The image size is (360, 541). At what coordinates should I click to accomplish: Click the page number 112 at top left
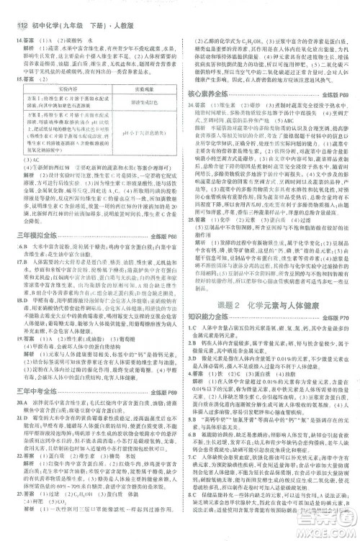pyautogui.click(x=12, y=7)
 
